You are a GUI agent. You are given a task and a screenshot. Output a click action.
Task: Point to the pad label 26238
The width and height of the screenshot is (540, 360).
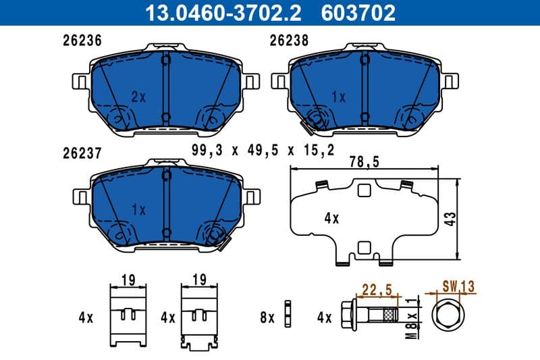pos(289,40)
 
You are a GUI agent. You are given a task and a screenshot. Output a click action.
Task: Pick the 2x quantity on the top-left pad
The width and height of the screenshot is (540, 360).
pos(138,97)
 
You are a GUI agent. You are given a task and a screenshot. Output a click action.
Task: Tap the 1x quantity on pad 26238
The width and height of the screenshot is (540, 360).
pos(338,97)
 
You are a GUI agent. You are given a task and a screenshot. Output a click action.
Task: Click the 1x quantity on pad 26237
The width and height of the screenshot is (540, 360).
pos(138,210)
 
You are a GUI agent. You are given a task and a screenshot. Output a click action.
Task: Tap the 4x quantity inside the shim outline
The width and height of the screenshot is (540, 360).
pos(331,218)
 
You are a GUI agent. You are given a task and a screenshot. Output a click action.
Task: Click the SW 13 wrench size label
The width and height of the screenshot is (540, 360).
pos(458,287)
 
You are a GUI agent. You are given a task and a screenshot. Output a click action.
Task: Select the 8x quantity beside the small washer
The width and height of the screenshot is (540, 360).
pos(267,316)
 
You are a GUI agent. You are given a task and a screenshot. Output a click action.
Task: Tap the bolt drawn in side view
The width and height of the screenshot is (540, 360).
pos(375,315)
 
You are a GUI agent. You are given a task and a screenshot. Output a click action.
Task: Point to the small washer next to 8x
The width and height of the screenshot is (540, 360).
pos(288,315)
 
